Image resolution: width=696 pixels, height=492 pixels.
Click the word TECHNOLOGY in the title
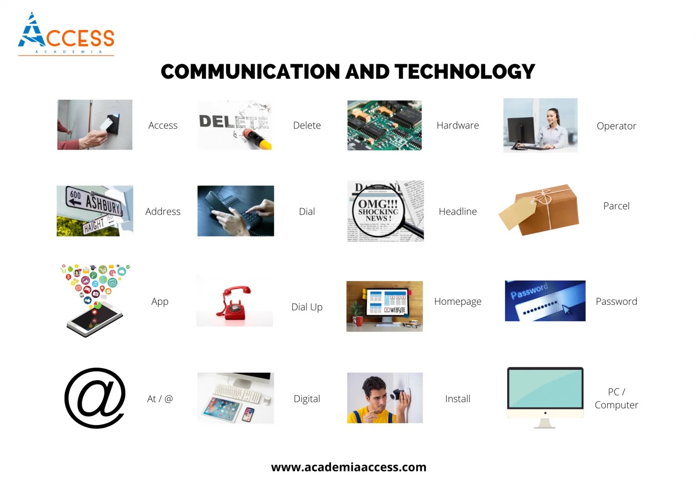point(465,72)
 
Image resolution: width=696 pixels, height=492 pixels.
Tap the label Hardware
point(457,125)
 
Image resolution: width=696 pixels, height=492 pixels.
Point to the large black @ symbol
point(95,398)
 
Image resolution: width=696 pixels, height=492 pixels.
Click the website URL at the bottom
point(348,467)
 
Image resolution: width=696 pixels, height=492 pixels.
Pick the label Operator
point(616,126)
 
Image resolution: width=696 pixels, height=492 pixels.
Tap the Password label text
point(616,301)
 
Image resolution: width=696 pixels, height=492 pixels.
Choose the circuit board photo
point(384,125)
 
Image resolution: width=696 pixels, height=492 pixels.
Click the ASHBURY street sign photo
point(95,210)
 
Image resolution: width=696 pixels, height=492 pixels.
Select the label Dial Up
point(307,307)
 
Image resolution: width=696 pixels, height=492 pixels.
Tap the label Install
point(457,399)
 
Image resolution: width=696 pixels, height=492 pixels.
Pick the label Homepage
point(457,301)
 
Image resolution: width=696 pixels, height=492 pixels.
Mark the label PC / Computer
point(616,398)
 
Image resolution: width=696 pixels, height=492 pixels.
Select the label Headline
point(457,211)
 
